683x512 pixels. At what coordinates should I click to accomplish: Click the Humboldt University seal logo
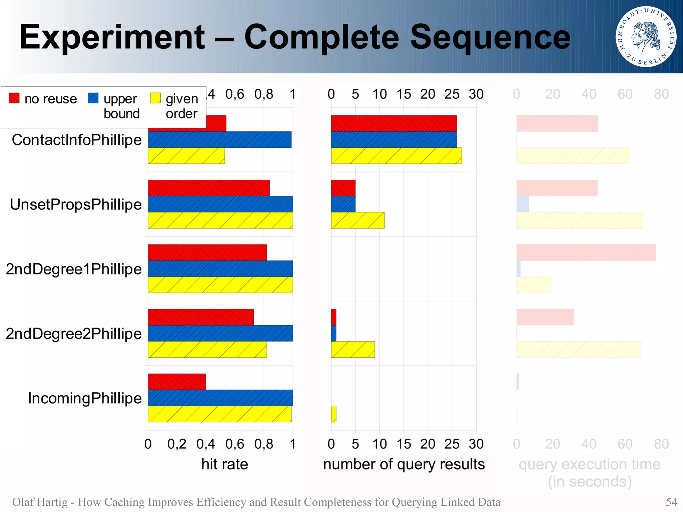(x=646, y=36)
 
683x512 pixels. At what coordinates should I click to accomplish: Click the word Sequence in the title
(x=490, y=37)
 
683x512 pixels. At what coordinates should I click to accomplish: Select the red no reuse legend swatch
(x=14, y=98)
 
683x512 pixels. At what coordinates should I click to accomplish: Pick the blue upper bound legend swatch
(x=93, y=98)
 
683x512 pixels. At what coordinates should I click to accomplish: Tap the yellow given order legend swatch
(x=155, y=98)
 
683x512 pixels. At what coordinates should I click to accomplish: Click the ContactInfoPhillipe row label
(x=76, y=140)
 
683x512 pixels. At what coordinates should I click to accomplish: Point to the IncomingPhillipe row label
(x=85, y=398)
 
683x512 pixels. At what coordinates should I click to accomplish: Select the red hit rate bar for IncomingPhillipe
(x=177, y=382)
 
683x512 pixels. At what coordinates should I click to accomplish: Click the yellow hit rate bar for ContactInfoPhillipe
(x=186, y=156)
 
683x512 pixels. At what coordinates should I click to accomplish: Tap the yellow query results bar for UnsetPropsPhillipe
(x=358, y=220)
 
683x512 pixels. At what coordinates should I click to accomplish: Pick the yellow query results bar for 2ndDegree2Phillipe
(x=353, y=350)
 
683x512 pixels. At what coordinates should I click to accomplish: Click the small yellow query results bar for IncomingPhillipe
(x=333, y=414)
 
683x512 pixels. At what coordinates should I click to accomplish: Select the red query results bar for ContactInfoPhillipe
(x=394, y=123)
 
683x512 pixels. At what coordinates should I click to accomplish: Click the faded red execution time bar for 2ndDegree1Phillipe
(x=586, y=252)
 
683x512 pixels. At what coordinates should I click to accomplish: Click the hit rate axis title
(x=224, y=464)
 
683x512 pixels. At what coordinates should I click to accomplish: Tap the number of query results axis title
(x=404, y=464)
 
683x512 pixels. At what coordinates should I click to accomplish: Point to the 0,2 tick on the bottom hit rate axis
(x=177, y=444)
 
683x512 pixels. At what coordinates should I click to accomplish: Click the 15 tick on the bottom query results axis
(x=404, y=444)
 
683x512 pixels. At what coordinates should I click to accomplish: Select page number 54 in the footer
(x=671, y=502)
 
